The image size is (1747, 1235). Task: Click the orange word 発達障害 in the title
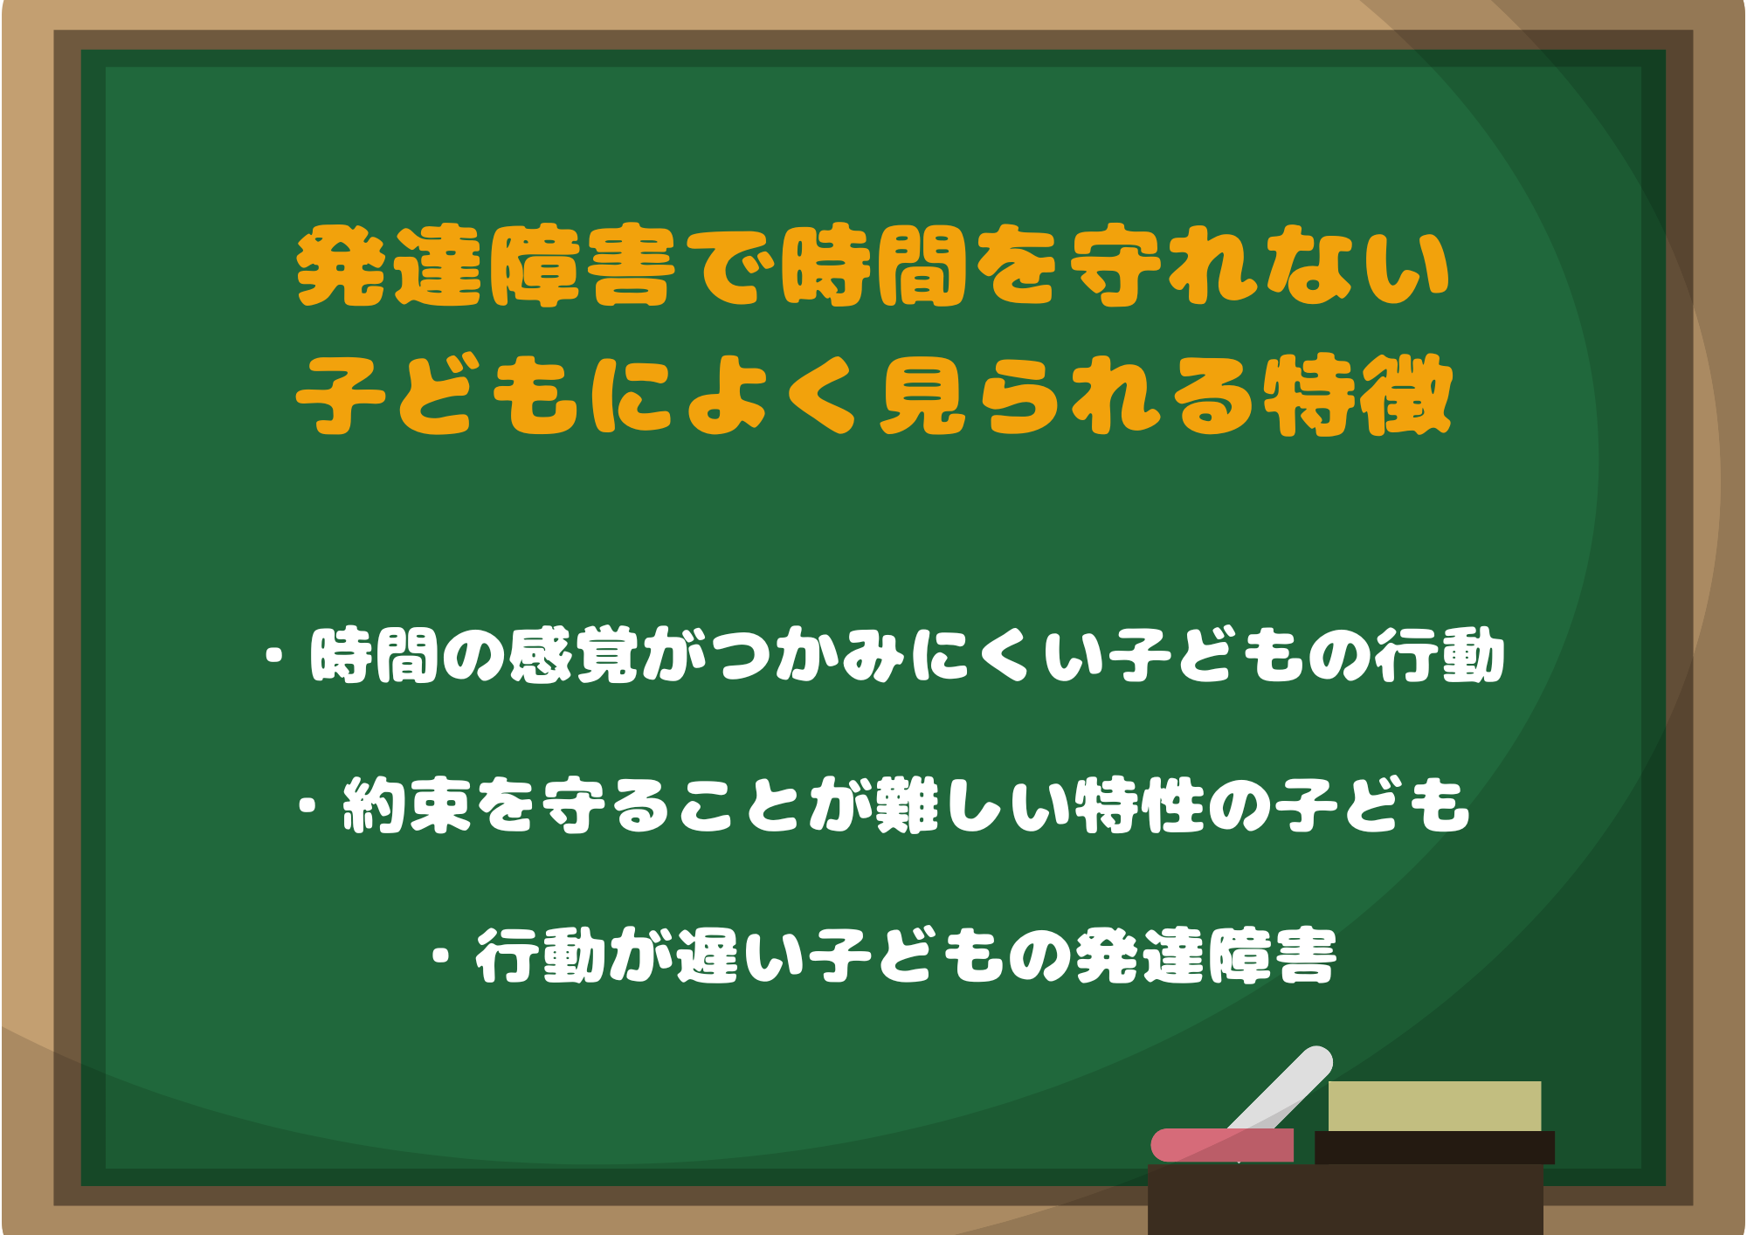[x=486, y=266]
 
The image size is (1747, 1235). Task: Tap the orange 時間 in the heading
[x=873, y=266]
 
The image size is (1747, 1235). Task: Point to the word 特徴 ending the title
[x=1357, y=395]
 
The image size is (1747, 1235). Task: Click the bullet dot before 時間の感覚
[x=275, y=655]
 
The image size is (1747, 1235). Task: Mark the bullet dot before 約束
[x=307, y=804]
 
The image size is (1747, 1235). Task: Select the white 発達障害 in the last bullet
[x=1206, y=956]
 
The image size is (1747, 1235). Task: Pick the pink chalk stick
[x=1222, y=1145]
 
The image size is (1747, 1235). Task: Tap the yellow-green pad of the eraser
[x=1434, y=1107]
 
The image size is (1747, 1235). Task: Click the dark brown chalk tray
[x=1345, y=1199]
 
